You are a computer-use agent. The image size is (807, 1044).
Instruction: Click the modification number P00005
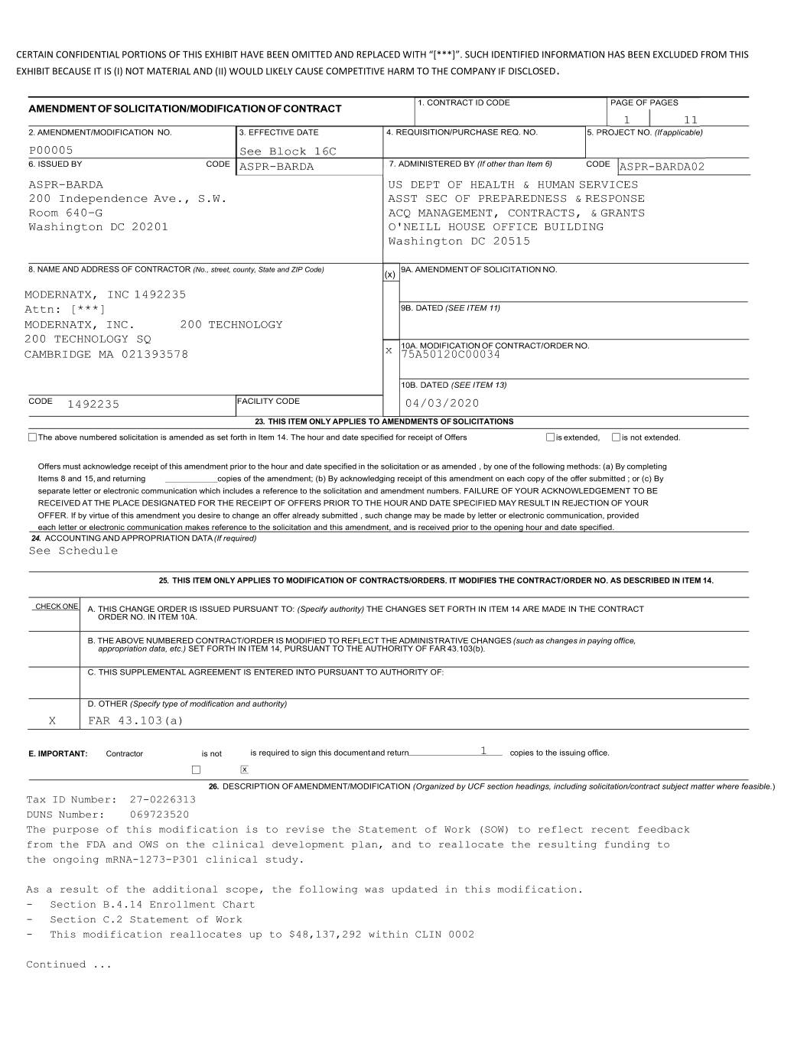point(51,151)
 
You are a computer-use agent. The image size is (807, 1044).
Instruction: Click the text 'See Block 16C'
point(288,151)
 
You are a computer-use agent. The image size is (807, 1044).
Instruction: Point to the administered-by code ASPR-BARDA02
point(662,167)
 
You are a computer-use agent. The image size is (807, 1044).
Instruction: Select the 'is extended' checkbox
point(550,437)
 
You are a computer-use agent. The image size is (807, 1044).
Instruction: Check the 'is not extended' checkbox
point(616,437)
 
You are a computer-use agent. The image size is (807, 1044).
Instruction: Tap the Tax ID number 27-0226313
point(163,800)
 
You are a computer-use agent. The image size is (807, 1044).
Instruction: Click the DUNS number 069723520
point(159,815)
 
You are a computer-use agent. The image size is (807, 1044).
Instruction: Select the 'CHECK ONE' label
point(56,607)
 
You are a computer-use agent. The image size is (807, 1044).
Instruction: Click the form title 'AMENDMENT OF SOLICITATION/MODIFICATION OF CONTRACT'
point(185,109)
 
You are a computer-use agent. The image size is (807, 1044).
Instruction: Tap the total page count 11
point(691,120)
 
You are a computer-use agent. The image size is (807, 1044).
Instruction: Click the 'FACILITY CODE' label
point(268,401)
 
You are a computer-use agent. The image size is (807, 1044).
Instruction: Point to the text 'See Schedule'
point(73,551)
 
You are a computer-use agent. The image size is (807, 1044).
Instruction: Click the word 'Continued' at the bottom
point(57,964)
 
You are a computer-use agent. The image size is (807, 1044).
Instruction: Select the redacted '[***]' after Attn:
point(88,310)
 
